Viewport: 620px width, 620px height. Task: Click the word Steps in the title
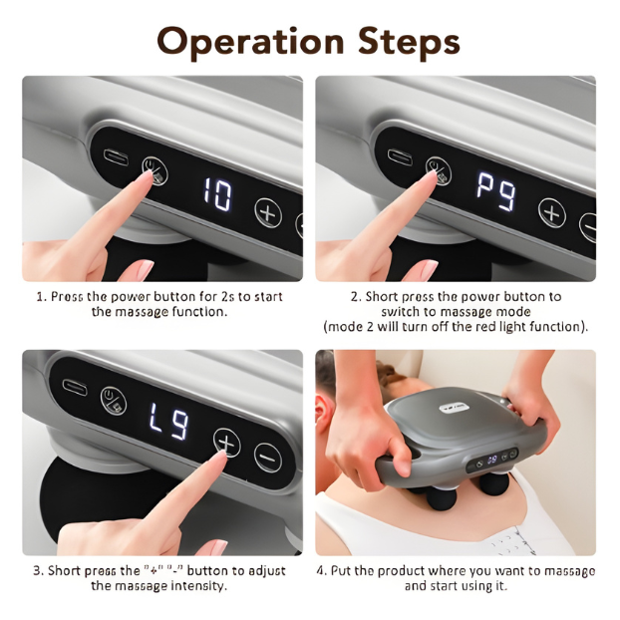[410, 40]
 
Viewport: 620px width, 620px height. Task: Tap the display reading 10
[217, 193]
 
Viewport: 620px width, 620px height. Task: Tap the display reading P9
[496, 191]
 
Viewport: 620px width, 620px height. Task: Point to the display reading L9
[169, 422]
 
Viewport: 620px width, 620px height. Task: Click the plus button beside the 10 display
[268, 212]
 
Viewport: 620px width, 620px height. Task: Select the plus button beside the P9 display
[552, 213]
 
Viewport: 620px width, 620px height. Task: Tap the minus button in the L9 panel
[268, 458]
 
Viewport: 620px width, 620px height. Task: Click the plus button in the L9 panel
[226, 443]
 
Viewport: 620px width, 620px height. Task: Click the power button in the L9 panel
[114, 401]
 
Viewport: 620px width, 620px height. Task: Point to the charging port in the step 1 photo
[116, 156]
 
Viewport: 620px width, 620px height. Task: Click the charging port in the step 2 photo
[400, 156]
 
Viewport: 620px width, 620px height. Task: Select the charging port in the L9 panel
[75, 387]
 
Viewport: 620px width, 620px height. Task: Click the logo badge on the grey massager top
[455, 408]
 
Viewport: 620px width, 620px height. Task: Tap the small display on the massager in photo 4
[491, 460]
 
